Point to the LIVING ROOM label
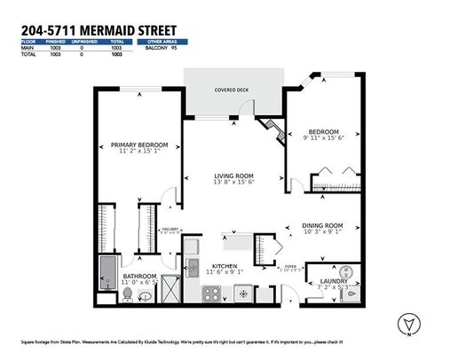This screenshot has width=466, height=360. pyautogui.click(x=234, y=175)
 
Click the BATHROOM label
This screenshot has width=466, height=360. pyautogui.click(x=139, y=276)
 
